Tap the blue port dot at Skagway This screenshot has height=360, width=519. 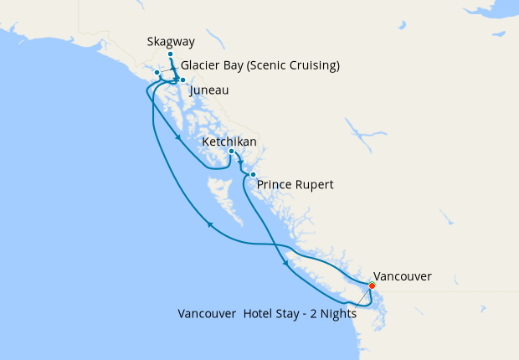coord(170,54)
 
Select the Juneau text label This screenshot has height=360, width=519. coord(209,90)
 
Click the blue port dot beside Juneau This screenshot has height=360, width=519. coord(182,80)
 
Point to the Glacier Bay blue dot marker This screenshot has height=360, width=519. coord(157,73)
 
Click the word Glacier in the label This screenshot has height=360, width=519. coord(201,66)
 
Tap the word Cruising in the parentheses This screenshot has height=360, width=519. coord(311,66)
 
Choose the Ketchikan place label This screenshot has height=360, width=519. coord(229,142)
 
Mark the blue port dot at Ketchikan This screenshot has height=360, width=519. coord(231,152)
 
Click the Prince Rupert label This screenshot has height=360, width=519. coord(295,184)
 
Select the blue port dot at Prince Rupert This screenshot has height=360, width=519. coord(253,174)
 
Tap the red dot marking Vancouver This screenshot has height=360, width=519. coord(372,285)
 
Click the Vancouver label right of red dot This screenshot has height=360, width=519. coord(402,275)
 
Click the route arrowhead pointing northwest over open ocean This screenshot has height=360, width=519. coord(209,224)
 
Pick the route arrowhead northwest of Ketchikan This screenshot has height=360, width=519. coord(179,137)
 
